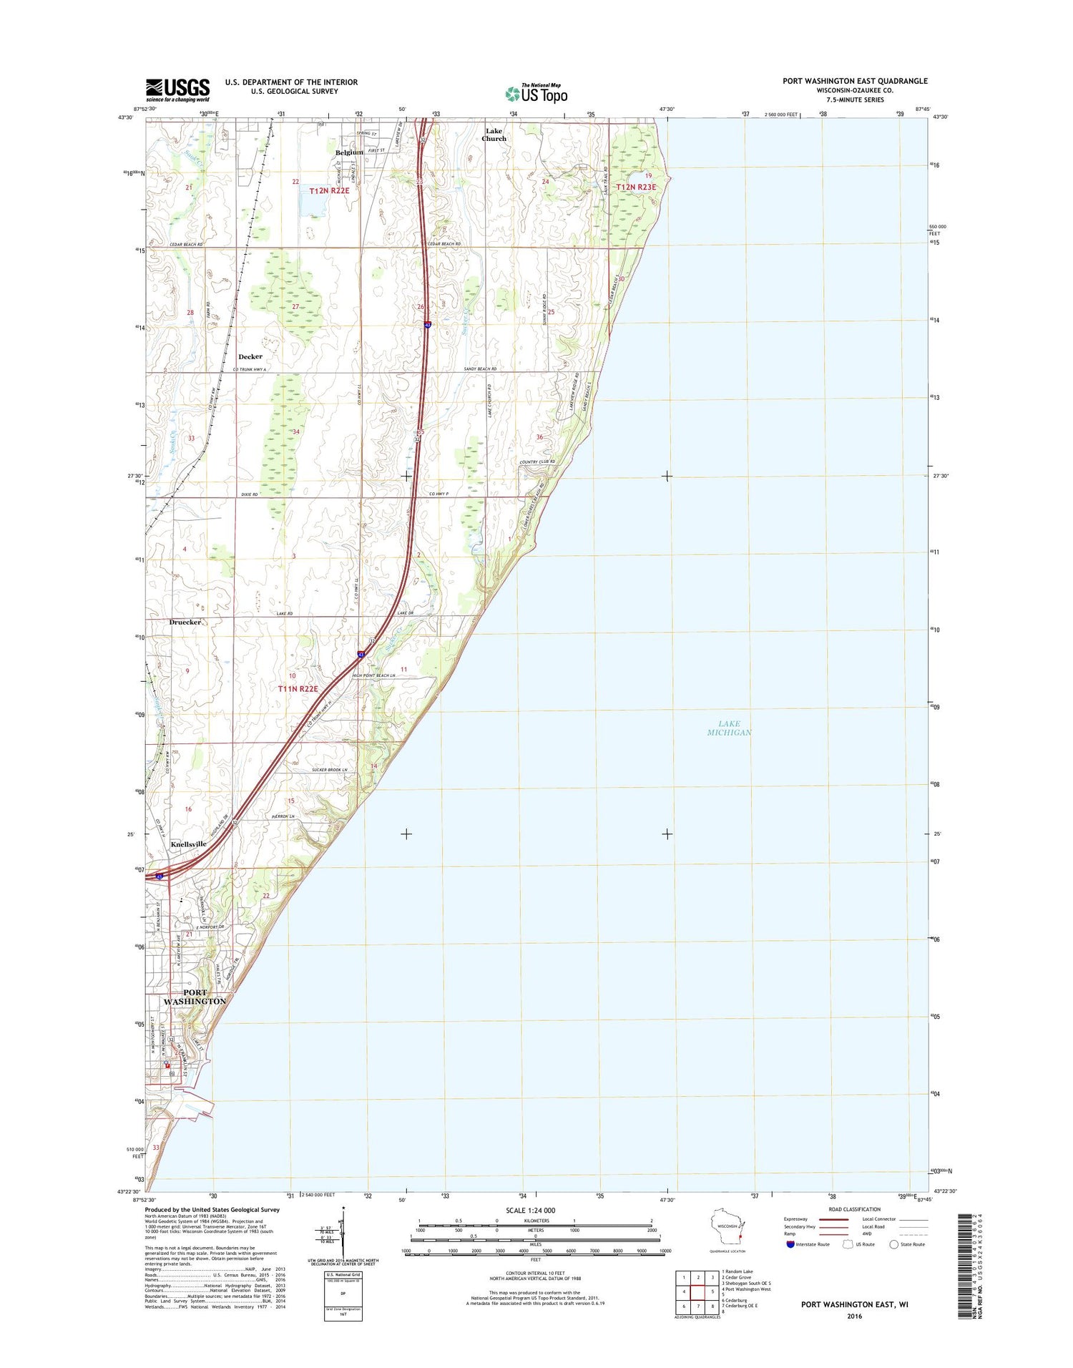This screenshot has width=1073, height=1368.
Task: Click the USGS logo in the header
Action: pos(178,90)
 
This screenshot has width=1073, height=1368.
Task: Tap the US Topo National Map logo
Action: pos(536,93)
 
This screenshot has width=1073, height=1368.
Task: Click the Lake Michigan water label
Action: pos(729,728)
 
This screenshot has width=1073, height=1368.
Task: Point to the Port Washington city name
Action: pos(195,997)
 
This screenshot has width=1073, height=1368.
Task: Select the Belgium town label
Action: pos(350,152)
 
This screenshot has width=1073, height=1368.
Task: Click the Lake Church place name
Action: pos(494,135)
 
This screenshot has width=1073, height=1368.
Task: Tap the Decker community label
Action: pos(250,356)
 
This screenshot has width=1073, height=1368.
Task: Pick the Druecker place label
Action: pos(185,622)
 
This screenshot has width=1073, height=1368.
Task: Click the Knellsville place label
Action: pos(189,844)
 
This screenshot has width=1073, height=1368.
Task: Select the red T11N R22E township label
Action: pos(298,688)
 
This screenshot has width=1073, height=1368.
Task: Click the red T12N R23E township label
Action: pos(636,187)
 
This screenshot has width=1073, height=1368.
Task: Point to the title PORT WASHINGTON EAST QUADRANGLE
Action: pos(855,81)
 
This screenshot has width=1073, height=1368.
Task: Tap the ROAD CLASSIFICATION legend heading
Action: pos(856,1209)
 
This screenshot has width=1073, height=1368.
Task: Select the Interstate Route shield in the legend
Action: pos(790,1244)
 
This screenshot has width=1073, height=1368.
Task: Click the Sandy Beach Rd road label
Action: pos(480,369)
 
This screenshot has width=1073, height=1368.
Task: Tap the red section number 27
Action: pos(295,306)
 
